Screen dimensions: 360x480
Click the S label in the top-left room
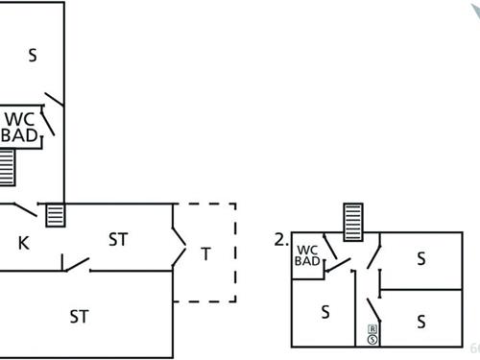tap(33, 56)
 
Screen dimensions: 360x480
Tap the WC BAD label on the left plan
tap(21, 129)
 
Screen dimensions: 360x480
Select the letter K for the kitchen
tap(23, 243)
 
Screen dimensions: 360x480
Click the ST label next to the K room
tap(118, 238)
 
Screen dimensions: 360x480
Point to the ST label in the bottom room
tap(80, 316)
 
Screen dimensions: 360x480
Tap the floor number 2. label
tap(281, 241)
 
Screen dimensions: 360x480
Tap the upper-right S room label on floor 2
tap(420, 258)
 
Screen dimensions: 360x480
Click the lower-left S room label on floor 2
tap(325, 311)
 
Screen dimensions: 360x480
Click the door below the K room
tap(77, 263)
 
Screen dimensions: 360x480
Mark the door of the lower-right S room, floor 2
tap(374, 309)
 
